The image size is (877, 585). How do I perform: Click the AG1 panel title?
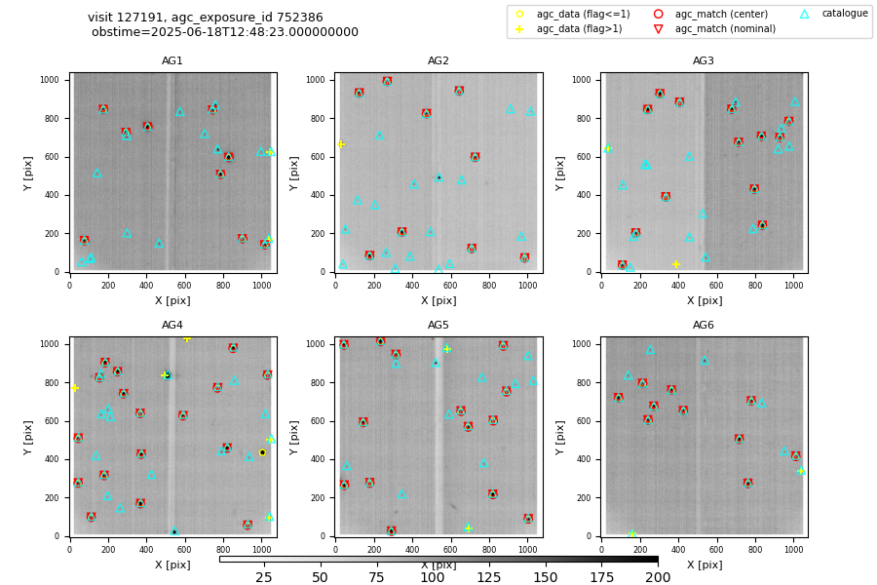coord(172,61)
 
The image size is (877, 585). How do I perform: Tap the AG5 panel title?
coord(438,326)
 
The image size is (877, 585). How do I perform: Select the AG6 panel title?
coord(704,326)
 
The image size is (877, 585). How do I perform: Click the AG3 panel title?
coord(704,61)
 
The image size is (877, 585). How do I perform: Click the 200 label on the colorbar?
coord(658,578)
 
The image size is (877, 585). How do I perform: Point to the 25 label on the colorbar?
coord(264,578)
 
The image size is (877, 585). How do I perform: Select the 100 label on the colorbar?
coord(432,578)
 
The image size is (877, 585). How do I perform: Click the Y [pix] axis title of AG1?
coord(29,173)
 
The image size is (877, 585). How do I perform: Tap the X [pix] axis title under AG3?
coord(704,300)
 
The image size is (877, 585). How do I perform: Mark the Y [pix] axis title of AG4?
coord(29,437)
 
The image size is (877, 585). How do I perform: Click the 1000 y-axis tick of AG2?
coord(318,80)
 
